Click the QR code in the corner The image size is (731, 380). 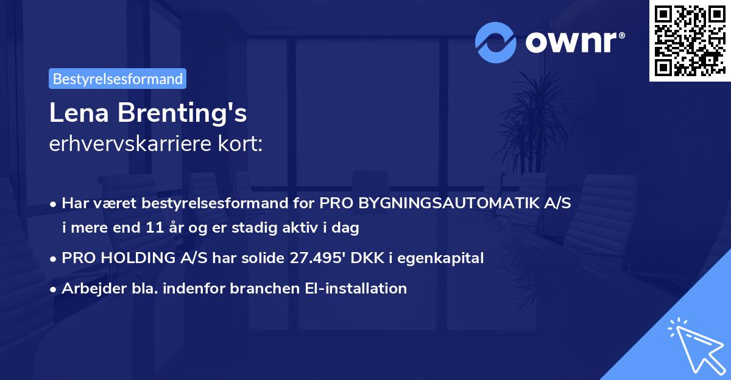click(690, 40)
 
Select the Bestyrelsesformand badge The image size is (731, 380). click(118, 79)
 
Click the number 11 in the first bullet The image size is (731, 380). click(154, 228)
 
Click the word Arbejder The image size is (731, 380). click(89, 288)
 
